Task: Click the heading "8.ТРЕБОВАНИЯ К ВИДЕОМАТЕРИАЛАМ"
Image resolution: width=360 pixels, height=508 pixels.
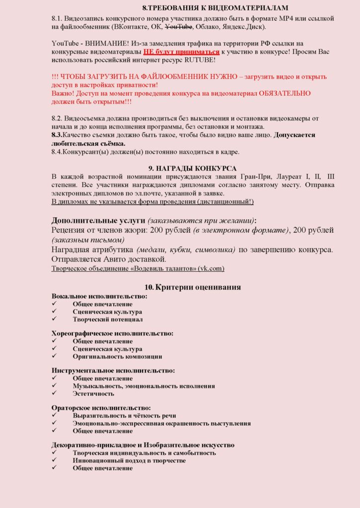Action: pos(215,8)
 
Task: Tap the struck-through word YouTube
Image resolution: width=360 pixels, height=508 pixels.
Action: pos(178,26)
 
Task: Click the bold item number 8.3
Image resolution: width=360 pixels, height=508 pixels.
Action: pos(58,135)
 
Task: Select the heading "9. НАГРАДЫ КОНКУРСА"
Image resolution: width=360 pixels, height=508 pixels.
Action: pos(192,169)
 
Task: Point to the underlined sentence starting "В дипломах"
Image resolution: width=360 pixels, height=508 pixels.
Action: pos(152,201)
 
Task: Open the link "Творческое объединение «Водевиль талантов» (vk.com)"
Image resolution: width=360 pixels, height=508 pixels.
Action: pos(138,268)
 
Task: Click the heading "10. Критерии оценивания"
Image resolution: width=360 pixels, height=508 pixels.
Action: pos(193,288)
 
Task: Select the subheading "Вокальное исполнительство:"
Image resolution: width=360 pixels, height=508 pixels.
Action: pos(99,296)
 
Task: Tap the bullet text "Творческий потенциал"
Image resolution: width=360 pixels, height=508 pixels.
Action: pos(108,319)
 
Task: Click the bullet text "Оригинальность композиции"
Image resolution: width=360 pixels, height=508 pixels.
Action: pos(117,356)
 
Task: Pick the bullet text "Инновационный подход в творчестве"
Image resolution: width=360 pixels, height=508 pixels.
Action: pos(129,460)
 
